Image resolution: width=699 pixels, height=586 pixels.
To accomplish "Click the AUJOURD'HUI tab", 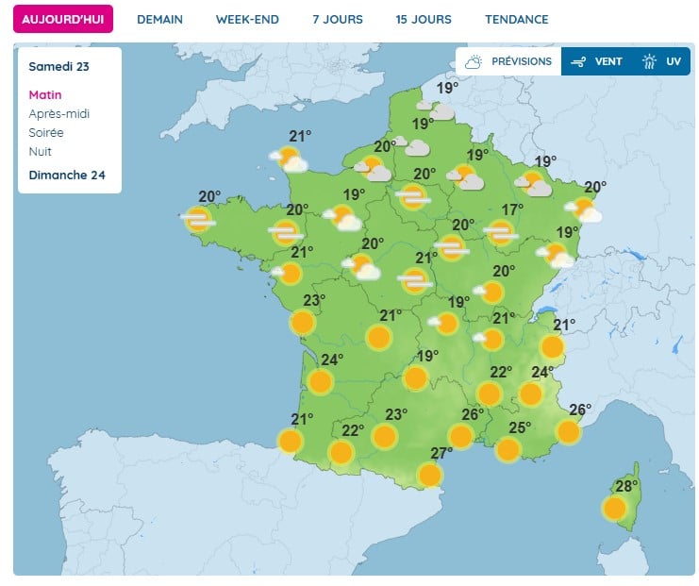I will coord(62,19).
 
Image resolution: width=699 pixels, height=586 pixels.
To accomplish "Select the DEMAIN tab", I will coord(159,19).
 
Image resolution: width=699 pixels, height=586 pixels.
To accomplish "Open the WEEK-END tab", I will coord(247,19).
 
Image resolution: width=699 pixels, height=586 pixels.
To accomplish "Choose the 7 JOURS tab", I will coord(337,19).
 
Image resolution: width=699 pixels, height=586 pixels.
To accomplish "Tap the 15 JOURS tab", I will coord(424,19).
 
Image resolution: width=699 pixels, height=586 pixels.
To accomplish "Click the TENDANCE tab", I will coord(516,19).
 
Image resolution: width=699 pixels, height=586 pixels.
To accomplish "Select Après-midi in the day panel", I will coord(59,114).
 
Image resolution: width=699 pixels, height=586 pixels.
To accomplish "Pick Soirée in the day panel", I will coord(46,133).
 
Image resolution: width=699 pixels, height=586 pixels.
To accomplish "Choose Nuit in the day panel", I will coord(40,152).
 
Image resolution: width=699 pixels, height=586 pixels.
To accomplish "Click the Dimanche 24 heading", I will coord(67,175).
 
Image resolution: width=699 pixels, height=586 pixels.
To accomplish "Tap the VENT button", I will coord(598,61).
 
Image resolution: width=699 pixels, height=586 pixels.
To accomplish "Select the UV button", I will coord(663,61).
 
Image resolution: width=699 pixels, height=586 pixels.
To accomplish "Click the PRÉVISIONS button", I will coord(509,61).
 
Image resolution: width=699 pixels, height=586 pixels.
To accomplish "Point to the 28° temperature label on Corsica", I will coord(626,487).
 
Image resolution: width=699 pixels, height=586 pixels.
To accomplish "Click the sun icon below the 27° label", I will coord(430,475).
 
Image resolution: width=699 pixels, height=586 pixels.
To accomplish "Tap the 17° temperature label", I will coord(512,209).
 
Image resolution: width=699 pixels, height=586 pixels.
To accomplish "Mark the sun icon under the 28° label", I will coord(615,509).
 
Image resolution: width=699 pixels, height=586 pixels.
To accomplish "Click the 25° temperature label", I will coord(520,427).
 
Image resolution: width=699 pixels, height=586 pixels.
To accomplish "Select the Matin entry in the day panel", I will coord(45,95).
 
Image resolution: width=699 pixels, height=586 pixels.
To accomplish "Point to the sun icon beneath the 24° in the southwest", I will coord(321,382).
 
